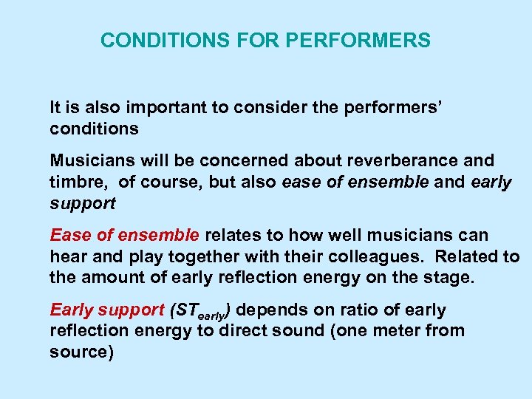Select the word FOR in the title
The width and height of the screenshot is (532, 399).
click(252, 41)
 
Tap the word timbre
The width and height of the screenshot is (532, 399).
click(75, 183)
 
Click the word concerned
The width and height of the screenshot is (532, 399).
click(245, 161)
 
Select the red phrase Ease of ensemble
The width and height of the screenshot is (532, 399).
click(124, 236)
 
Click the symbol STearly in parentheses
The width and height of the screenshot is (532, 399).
click(202, 312)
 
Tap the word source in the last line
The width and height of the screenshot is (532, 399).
click(78, 352)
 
